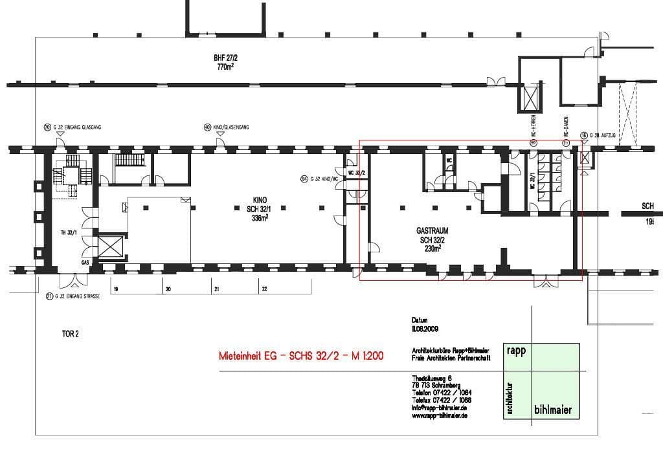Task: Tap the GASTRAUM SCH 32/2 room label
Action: point(433,239)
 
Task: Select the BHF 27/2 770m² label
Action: point(225,61)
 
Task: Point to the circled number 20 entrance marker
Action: point(47,127)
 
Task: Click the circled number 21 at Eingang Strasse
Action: point(49,298)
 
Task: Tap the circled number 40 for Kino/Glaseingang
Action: point(207,127)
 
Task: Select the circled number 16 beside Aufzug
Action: point(583,135)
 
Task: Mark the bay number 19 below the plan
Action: point(115,290)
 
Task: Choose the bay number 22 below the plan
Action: point(264,290)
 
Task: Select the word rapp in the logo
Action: point(515,351)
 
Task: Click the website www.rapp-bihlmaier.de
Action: point(440,416)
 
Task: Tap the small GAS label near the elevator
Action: point(85,263)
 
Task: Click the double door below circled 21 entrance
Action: point(70,281)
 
